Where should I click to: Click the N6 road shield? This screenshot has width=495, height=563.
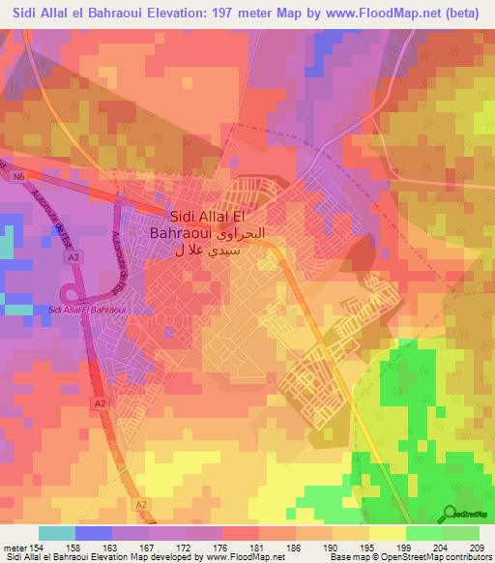pos(18,177)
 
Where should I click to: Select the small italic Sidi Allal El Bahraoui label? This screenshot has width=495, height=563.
pos(80,310)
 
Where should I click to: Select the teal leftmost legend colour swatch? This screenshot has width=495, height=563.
pos(57,533)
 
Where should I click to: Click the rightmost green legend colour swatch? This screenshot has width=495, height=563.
pos(460,533)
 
